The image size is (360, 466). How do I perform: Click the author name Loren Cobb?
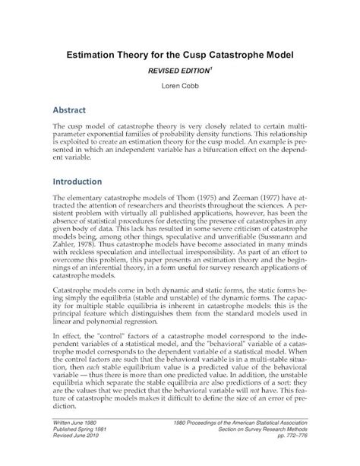pyautogui.click(x=179, y=86)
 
